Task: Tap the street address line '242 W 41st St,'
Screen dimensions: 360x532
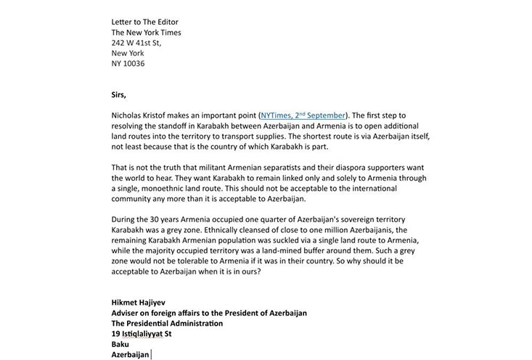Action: (136, 43)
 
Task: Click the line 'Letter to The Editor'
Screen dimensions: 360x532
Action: (144, 22)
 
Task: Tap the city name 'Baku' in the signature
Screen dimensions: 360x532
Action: (120, 344)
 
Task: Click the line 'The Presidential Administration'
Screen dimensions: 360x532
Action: (167, 324)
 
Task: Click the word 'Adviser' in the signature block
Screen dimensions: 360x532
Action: (127, 313)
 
